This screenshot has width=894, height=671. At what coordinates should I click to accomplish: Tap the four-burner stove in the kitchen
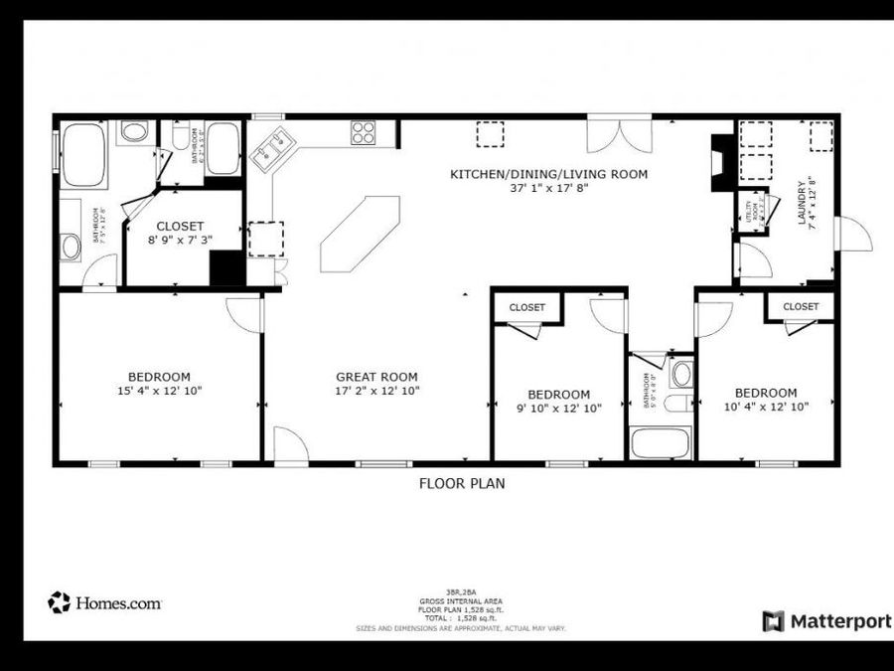tap(363, 132)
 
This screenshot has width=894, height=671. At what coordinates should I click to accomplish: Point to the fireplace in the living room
tap(721, 162)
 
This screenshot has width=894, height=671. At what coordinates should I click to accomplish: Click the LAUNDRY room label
tap(806, 202)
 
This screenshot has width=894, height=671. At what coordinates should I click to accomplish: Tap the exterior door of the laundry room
tap(853, 234)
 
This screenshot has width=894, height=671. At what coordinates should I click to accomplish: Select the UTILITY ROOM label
tap(754, 212)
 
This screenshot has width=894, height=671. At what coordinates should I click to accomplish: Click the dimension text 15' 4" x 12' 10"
tap(159, 392)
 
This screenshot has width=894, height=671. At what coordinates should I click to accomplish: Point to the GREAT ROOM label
tap(376, 377)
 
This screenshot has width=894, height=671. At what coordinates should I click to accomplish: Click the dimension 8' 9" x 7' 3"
tap(180, 241)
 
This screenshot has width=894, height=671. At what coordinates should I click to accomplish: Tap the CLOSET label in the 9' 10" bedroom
tap(526, 308)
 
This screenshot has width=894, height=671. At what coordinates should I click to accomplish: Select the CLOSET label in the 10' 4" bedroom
tap(800, 307)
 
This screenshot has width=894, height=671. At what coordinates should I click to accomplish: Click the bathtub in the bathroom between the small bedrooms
tap(660, 441)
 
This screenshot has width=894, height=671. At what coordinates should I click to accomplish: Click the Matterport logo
tap(825, 621)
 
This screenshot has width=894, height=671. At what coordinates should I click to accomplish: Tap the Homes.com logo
tap(104, 602)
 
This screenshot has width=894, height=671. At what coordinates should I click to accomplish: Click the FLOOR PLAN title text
tap(461, 484)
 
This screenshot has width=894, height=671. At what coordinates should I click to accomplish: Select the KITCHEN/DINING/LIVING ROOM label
tap(548, 174)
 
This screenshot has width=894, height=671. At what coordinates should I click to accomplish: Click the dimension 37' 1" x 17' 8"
tap(548, 188)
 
